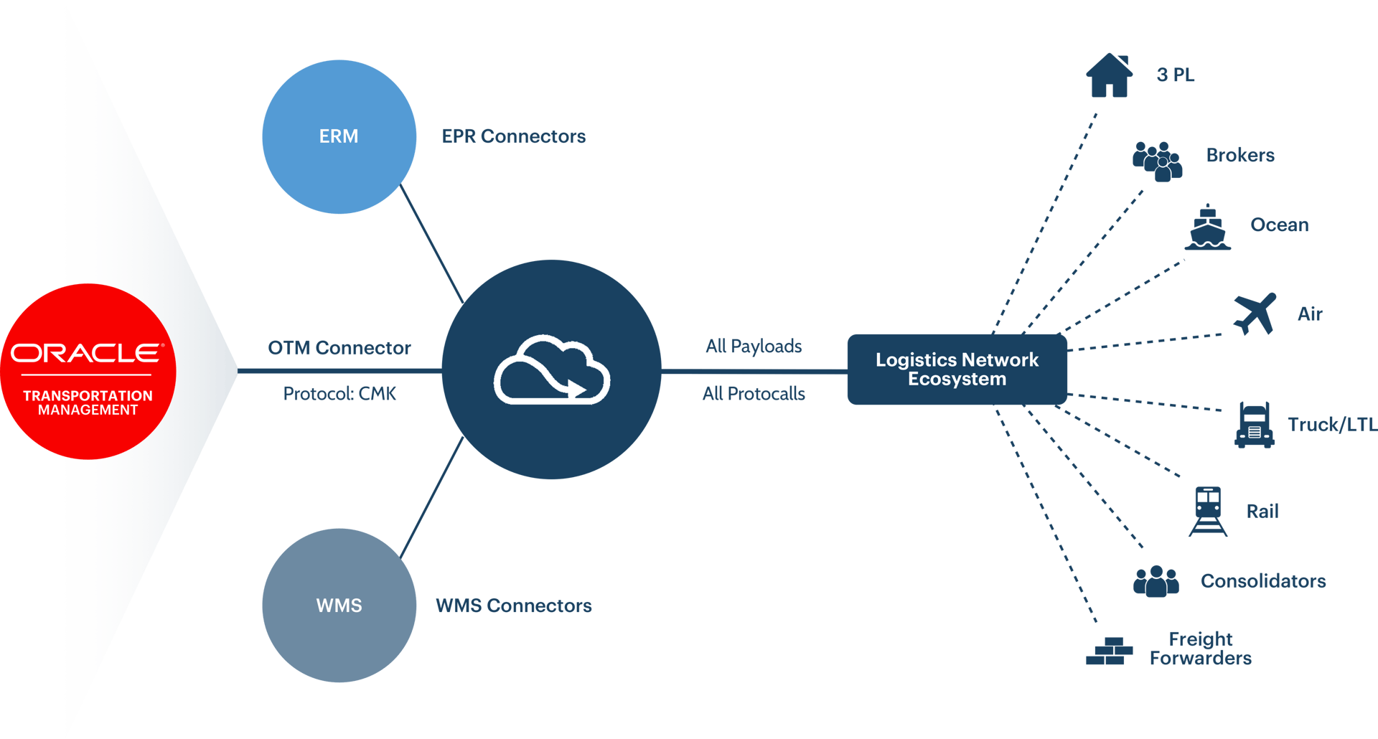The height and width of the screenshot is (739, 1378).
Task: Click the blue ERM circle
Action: coord(339,136)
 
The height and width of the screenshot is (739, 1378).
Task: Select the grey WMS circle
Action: coord(339,606)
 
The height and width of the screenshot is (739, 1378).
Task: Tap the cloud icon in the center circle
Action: coord(551,369)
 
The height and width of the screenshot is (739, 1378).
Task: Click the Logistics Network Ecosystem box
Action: coord(957,369)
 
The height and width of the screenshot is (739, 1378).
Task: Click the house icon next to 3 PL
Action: coord(1109,75)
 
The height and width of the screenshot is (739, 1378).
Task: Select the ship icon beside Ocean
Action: coord(1207,227)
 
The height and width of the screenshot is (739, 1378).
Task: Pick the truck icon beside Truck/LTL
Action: coord(1254,425)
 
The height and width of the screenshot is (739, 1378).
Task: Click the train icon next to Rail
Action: coord(1208,512)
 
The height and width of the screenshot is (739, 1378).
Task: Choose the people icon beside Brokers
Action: coord(1157,161)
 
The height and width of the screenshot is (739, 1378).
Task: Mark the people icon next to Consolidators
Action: coord(1156,581)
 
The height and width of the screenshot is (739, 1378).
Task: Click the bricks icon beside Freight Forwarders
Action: coord(1109,651)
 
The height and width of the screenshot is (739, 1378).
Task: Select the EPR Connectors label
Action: coord(513,136)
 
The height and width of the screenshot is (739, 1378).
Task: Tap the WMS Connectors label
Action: coord(514,606)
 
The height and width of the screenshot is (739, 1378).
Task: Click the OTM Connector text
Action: coord(339,348)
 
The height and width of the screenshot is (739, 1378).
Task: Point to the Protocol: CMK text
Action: coord(339,393)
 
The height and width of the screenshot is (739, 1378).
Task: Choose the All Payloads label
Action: coord(754,347)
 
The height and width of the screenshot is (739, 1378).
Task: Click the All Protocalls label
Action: coord(754,393)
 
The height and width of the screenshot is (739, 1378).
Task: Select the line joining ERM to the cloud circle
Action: coord(431,243)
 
